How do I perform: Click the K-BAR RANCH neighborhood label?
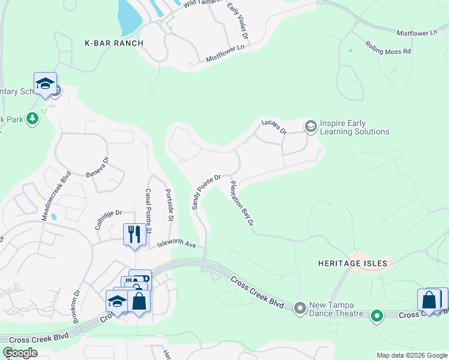tap(113, 43)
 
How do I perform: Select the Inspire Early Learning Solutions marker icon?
tap(310, 126)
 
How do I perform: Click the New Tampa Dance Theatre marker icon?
tap(300, 308)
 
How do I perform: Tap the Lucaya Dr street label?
tap(274, 126)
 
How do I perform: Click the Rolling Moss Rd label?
tap(388, 48)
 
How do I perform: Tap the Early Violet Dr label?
tap(238, 22)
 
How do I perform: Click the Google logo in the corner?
tap(20, 353)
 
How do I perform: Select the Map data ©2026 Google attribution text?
tap(411, 355)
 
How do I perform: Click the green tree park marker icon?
tap(32, 119)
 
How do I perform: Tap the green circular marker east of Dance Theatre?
tap(377, 315)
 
